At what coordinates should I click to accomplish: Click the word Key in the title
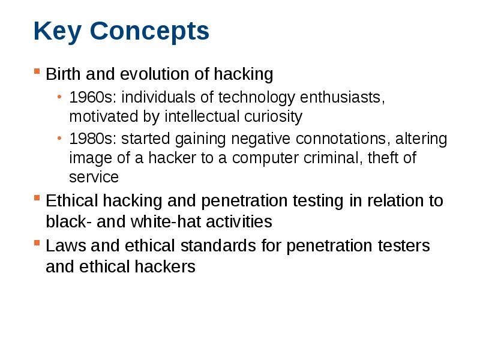pyautogui.click(x=57, y=32)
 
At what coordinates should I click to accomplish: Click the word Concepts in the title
pyautogui.click(x=149, y=31)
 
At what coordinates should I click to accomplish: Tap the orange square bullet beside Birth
pyautogui.click(x=37, y=71)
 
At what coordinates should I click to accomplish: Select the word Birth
pyautogui.click(x=64, y=74)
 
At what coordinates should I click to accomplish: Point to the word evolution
pyautogui.click(x=154, y=74)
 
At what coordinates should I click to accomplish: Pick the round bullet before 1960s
pyautogui.click(x=59, y=97)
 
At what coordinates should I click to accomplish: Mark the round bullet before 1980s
pyautogui.click(x=59, y=139)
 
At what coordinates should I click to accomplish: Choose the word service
pyautogui.click(x=94, y=177)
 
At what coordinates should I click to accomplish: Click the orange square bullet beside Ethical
pyautogui.click(x=37, y=197)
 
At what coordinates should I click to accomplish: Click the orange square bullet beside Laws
pyautogui.click(x=37, y=243)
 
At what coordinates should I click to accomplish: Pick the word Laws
pyautogui.click(x=66, y=245)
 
